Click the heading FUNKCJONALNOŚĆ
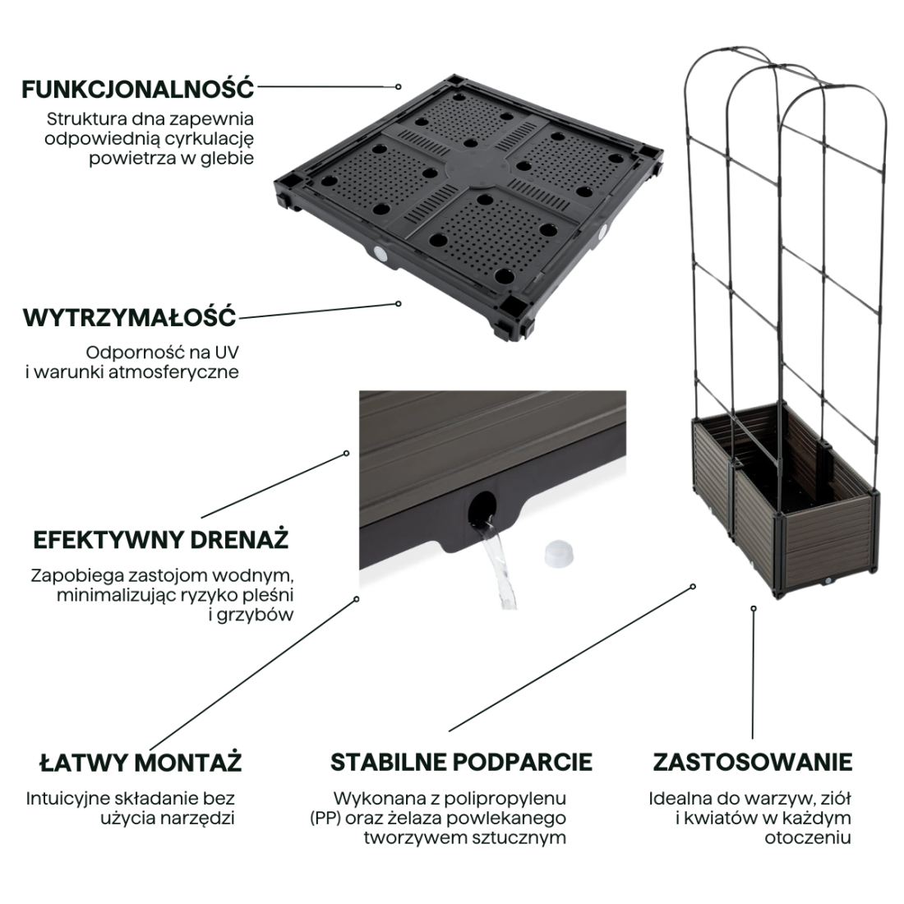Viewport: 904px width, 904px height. point(138,90)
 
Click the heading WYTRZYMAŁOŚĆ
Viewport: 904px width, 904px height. point(130,317)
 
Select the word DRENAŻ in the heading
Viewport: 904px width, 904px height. point(239,539)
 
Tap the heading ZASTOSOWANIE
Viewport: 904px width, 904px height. point(752,762)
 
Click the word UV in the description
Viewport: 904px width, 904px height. point(227,353)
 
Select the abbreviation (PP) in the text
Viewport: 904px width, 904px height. point(325,819)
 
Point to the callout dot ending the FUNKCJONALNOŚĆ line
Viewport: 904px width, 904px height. point(399,86)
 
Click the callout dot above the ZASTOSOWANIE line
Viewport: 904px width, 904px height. point(754,608)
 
